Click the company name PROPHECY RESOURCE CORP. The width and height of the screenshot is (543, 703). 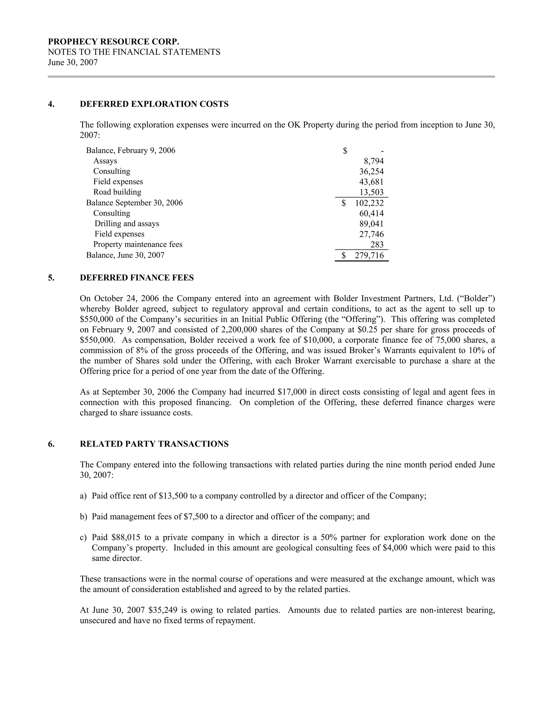pyautogui.click(x=113, y=42)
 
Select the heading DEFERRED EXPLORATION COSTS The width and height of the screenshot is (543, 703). pyautogui.click(x=154, y=104)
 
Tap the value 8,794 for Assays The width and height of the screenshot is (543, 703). pyautogui.click(x=374, y=161)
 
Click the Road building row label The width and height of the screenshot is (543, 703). pyautogui.click(x=117, y=192)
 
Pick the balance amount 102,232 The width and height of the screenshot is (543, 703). pyautogui.click(x=369, y=203)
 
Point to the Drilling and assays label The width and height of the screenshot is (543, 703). pyautogui.click(x=127, y=224)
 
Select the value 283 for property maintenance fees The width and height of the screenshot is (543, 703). pyautogui.click(x=377, y=245)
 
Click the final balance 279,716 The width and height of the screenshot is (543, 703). pyautogui.click(x=369, y=255)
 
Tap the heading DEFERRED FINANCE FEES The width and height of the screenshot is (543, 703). pyautogui.click(x=137, y=278)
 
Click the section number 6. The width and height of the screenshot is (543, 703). pyautogui.click(x=51, y=444)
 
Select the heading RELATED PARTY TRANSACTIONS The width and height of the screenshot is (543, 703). pyautogui.click(x=154, y=444)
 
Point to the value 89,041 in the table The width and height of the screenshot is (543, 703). pyautogui.click(x=371, y=224)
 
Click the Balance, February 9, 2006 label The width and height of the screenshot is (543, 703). pyautogui.click(x=131, y=151)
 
